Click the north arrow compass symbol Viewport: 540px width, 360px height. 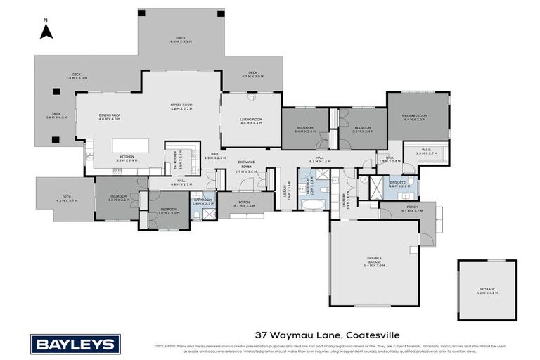[x=46, y=31]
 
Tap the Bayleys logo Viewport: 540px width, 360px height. [x=75, y=344]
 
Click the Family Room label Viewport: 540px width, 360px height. [x=181, y=107]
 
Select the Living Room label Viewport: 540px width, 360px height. [x=251, y=121]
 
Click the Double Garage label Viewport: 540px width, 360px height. [x=375, y=264]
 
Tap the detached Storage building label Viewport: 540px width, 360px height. [x=487, y=290]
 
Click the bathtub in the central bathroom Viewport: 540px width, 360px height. [x=311, y=204]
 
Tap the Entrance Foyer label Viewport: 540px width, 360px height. [x=245, y=167]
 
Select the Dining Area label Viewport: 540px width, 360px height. [x=110, y=117]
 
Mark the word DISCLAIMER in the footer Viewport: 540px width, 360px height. [x=165, y=346]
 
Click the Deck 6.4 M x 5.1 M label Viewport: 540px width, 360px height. [x=181, y=39]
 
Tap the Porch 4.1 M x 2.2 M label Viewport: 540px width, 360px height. [x=245, y=204]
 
